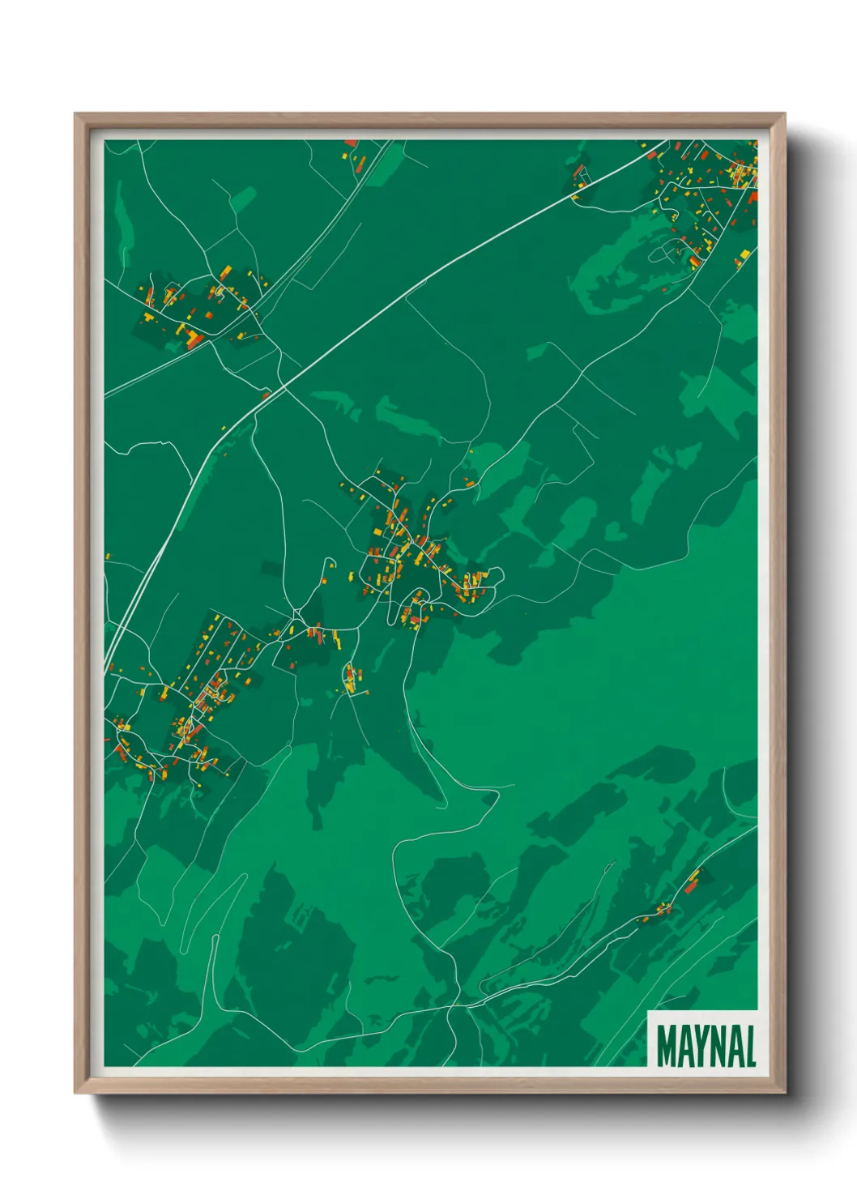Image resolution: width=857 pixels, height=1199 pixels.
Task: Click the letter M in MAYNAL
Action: tap(668, 1047)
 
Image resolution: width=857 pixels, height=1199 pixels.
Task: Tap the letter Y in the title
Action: tap(703, 1047)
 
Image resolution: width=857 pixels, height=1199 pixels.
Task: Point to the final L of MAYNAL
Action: tap(750, 1047)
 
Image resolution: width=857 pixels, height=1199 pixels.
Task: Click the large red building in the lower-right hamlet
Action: tap(691, 888)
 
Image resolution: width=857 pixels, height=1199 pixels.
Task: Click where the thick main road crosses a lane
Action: tap(267, 395)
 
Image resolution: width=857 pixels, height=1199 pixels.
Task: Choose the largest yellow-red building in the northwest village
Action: tap(193, 337)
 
